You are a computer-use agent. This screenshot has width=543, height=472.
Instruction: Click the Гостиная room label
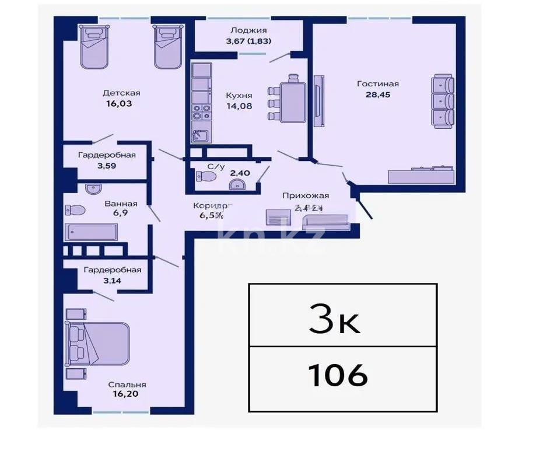[377, 83]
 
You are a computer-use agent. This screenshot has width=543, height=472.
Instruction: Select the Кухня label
[239, 96]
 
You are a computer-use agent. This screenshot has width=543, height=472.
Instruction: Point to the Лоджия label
[249, 30]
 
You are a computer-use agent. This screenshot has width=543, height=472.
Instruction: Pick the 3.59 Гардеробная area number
[107, 166]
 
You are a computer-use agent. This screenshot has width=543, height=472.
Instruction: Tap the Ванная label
[121, 204]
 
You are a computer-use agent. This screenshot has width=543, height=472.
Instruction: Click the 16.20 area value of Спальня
[127, 394]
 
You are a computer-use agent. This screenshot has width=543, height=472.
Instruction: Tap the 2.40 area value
[240, 173]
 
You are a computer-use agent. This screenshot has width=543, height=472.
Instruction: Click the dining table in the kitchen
[293, 103]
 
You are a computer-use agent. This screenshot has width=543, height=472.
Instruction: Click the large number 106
[338, 375]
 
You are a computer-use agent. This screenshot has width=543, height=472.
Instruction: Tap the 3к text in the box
[335, 319]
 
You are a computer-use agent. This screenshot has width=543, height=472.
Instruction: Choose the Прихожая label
[305, 196]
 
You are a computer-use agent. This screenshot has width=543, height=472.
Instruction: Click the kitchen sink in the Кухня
[201, 135]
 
